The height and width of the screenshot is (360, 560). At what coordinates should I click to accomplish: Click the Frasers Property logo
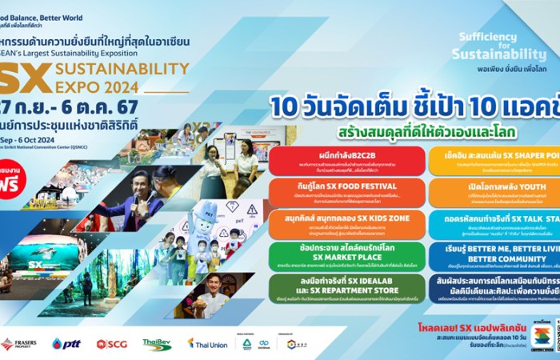point(18,343)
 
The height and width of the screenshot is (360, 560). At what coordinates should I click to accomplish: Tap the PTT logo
point(66,343)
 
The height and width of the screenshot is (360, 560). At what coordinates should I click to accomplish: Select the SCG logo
point(111,343)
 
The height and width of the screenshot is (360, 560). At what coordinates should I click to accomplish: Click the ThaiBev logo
point(157,343)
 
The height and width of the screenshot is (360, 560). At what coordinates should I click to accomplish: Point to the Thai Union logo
point(207,343)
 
